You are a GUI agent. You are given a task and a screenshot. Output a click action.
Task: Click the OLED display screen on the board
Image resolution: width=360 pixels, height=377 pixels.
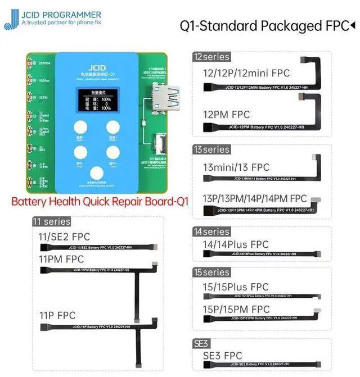coord(95,99)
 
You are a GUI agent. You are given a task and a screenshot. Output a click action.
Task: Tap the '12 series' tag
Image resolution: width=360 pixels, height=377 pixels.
coord(211,57)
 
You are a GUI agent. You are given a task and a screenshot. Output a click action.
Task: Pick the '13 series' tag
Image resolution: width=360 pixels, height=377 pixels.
coord(211,149)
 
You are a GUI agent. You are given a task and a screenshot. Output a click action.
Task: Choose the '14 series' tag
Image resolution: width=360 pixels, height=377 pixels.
coord(211,231)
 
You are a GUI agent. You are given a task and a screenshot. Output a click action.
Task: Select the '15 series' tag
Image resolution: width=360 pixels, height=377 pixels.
coord(211,272)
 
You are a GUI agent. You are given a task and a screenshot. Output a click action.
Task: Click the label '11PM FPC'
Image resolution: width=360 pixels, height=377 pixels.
coord(62,259)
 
